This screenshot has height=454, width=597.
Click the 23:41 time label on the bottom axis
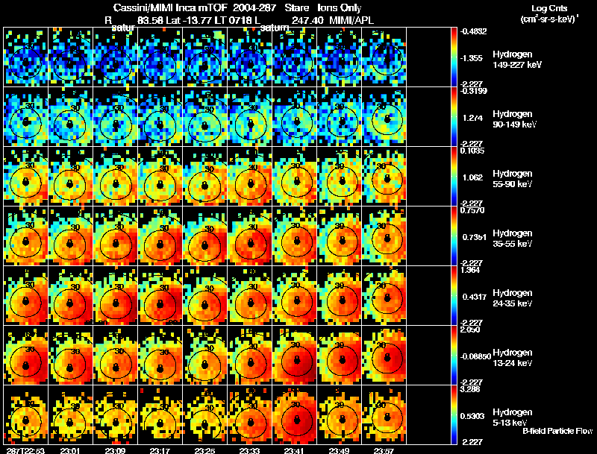click(x=296, y=450)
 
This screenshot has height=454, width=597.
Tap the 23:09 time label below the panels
click(x=116, y=450)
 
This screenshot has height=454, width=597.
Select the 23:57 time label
click(x=384, y=450)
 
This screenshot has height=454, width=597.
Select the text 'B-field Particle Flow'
click(x=557, y=431)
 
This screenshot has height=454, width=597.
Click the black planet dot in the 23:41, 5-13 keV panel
click(x=297, y=420)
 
